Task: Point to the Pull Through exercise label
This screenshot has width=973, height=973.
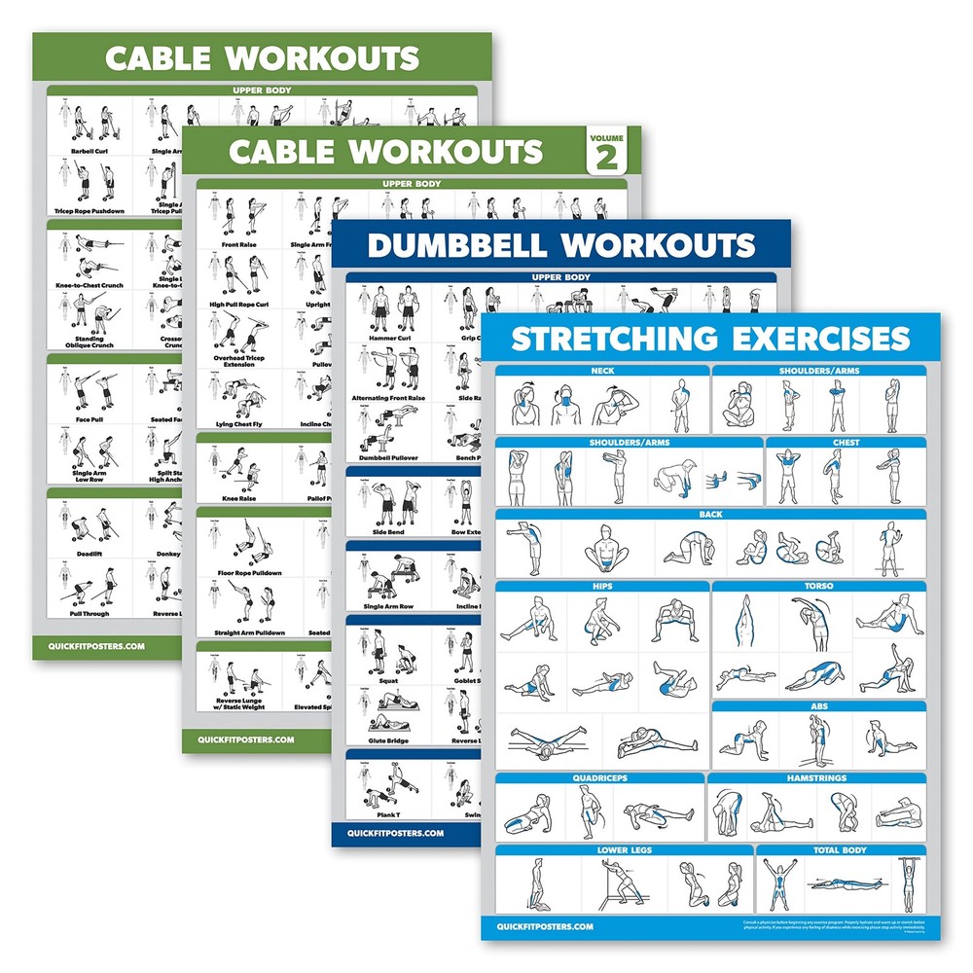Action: click(90, 614)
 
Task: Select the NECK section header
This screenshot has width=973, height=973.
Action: click(601, 371)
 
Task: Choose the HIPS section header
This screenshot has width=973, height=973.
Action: click(601, 587)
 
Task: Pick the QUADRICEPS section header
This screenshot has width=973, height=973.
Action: click(599, 778)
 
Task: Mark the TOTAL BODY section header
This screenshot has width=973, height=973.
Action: click(827, 849)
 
